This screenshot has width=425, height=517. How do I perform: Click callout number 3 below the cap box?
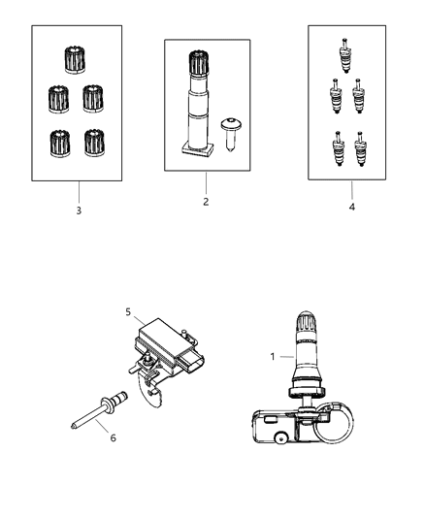tap(79, 210)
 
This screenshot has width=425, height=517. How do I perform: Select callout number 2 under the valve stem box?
tap(206, 202)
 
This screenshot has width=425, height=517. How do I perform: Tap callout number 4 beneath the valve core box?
tap(352, 207)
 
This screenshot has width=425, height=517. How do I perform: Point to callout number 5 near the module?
tap(128, 312)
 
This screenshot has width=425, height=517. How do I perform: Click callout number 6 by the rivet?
tap(114, 437)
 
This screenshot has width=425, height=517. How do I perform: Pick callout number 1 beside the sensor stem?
tap(273, 357)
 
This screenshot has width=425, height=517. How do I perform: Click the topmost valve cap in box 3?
tap(75, 60)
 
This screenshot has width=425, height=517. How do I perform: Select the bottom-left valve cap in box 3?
tap(60, 144)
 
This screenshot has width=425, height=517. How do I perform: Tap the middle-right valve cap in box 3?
tap(93, 99)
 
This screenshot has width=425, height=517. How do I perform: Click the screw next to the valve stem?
tap(231, 134)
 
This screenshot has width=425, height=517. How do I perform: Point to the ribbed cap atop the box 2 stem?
tap(199, 63)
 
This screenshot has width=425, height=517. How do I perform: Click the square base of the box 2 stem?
tap(198, 150)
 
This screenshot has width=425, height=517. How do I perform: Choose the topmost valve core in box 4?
tap(344, 55)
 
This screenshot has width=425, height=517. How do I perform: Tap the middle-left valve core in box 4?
tap(336, 96)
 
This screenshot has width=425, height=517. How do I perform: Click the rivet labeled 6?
tap(100, 409)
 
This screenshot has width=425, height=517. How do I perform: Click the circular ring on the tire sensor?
tap(334, 423)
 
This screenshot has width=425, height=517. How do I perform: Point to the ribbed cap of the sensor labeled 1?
tap(306, 322)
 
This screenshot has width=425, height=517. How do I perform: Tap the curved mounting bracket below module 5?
tap(151, 391)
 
